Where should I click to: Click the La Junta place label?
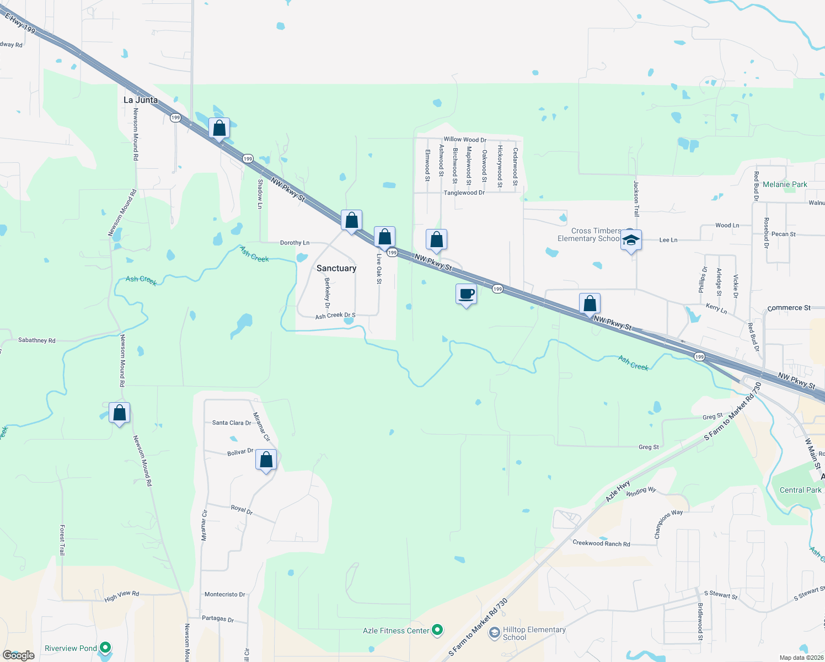pos(141,100)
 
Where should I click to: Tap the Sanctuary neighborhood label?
pos(336,268)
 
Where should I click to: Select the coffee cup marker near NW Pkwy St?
pos(467,294)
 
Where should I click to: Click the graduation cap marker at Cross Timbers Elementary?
pos(631,240)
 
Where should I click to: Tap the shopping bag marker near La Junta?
pos(219,129)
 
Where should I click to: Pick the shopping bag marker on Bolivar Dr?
pos(266,460)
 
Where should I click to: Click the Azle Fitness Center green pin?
pos(437,629)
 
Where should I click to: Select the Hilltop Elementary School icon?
pos(494,632)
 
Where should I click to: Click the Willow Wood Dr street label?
pos(465,140)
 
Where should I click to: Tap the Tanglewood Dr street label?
pos(464,193)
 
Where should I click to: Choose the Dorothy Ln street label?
pos(294,243)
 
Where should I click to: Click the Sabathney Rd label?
pos(37,340)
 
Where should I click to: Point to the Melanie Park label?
pos(785,184)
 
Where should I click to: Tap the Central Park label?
pos(800,490)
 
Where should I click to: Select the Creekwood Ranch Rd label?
pos(601,543)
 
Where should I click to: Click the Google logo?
pos(19,655)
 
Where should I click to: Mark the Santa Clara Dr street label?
pos(232,423)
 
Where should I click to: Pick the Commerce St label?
pos(789,308)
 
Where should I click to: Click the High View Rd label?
pos(121,596)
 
